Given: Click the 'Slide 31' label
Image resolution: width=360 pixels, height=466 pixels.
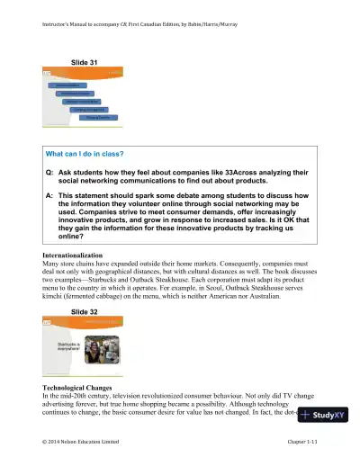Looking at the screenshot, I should click(85, 61).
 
